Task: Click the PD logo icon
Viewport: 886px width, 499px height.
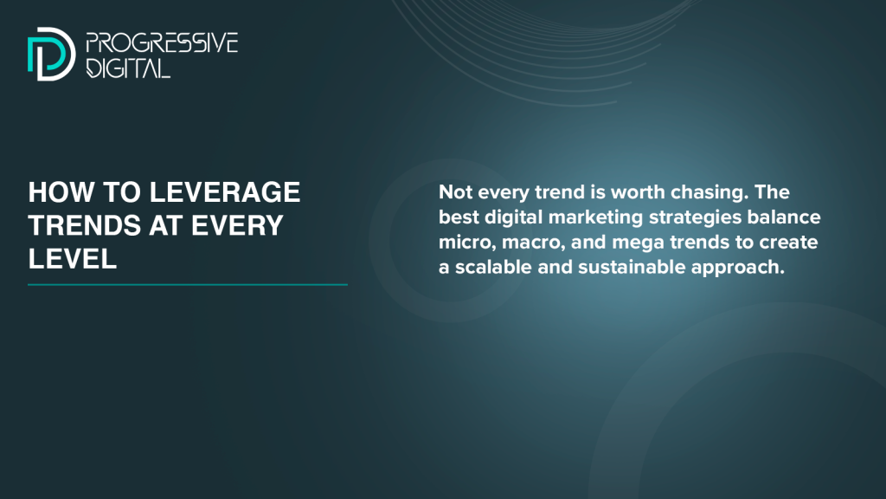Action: pyautogui.click(x=51, y=54)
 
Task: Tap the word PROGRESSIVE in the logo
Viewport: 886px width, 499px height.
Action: pyautogui.click(x=162, y=43)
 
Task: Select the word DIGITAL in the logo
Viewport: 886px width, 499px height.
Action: pyautogui.click(x=128, y=68)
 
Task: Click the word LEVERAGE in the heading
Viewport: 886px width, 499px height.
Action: pyautogui.click(x=224, y=192)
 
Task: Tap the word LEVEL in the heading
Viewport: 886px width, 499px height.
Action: pyautogui.click(x=73, y=259)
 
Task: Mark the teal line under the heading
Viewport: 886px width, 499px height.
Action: pyautogui.click(x=188, y=284)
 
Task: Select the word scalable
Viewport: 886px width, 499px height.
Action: pyautogui.click(x=493, y=267)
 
